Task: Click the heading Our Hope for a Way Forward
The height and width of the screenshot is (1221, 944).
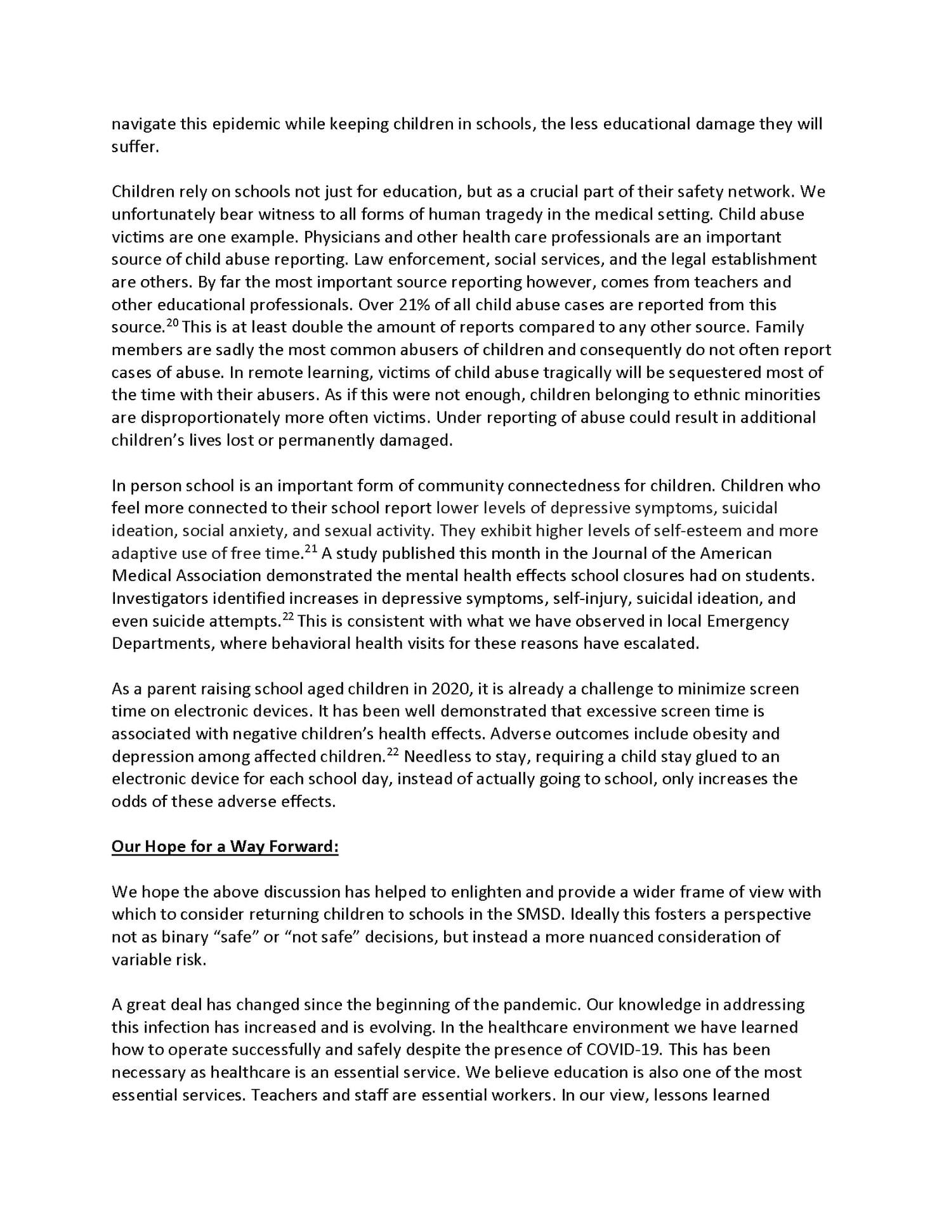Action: coord(225,847)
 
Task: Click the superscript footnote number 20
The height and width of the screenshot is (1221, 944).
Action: coord(173,323)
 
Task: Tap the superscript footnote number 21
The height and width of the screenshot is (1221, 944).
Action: coord(311,549)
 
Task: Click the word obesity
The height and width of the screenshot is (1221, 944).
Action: coord(726,734)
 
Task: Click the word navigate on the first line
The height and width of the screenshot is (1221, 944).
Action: coord(142,124)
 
